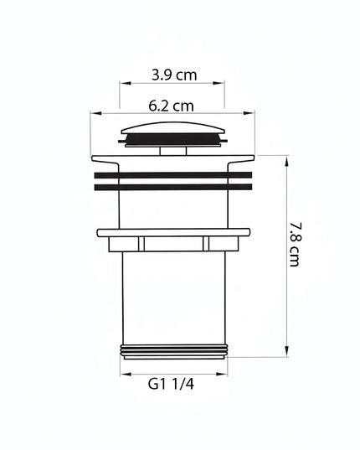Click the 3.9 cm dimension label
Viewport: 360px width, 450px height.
174,74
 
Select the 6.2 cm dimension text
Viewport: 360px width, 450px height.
171,106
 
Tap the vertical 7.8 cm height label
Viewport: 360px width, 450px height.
295,244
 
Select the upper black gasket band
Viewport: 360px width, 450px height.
173,175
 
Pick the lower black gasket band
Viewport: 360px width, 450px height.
173,188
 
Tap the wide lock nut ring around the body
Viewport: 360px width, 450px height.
173,233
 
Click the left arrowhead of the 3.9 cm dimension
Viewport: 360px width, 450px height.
123,83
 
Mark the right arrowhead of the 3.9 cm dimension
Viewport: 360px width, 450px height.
222,83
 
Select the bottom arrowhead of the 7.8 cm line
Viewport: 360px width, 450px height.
287,353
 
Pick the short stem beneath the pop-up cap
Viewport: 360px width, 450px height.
173,151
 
